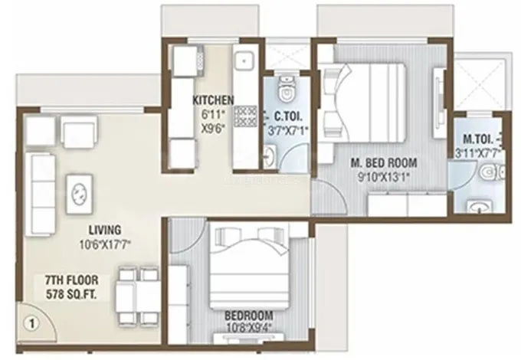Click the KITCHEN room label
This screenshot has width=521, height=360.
(x=214, y=100)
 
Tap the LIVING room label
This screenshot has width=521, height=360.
(x=105, y=230)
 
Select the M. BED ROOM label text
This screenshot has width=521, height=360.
(x=384, y=162)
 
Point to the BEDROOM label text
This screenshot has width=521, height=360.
(x=249, y=315)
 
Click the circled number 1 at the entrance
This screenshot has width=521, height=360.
(x=32, y=323)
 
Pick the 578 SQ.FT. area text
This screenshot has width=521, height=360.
(x=72, y=295)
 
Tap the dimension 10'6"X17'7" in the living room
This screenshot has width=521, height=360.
(x=105, y=245)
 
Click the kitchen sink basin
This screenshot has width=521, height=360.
(x=244, y=61)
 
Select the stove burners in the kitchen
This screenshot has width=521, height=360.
(x=246, y=116)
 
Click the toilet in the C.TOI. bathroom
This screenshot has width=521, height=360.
(x=286, y=89)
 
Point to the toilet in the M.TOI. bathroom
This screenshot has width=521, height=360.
(x=492, y=172)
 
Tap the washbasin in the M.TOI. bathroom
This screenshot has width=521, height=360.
(x=478, y=206)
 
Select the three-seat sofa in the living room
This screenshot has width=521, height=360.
(x=40, y=195)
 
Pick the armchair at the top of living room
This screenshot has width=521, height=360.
(x=79, y=132)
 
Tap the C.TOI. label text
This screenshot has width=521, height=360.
(x=288, y=116)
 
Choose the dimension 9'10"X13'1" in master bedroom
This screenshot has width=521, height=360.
(x=383, y=176)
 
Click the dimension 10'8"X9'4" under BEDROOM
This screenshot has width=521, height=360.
(x=248, y=328)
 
